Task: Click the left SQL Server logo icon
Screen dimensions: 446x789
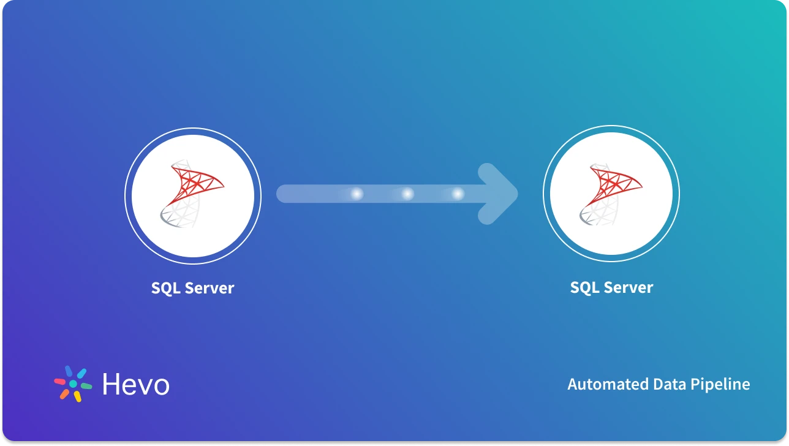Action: tap(192, 195)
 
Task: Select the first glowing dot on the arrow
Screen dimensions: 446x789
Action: tap(356, 194)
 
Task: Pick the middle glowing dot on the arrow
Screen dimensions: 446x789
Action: tap(407, 194)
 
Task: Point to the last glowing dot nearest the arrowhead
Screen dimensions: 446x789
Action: tap(458, 194)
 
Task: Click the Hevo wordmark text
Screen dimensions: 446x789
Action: tap(135, 385)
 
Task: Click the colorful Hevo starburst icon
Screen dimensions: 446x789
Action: tap(73, 384)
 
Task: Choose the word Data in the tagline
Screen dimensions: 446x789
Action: tap(669, 385)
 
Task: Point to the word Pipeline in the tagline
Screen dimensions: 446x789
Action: tap(720, 385)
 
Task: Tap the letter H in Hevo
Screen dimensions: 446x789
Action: tap(111, 385)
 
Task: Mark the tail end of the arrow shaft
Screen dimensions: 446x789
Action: tap(283, 194)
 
